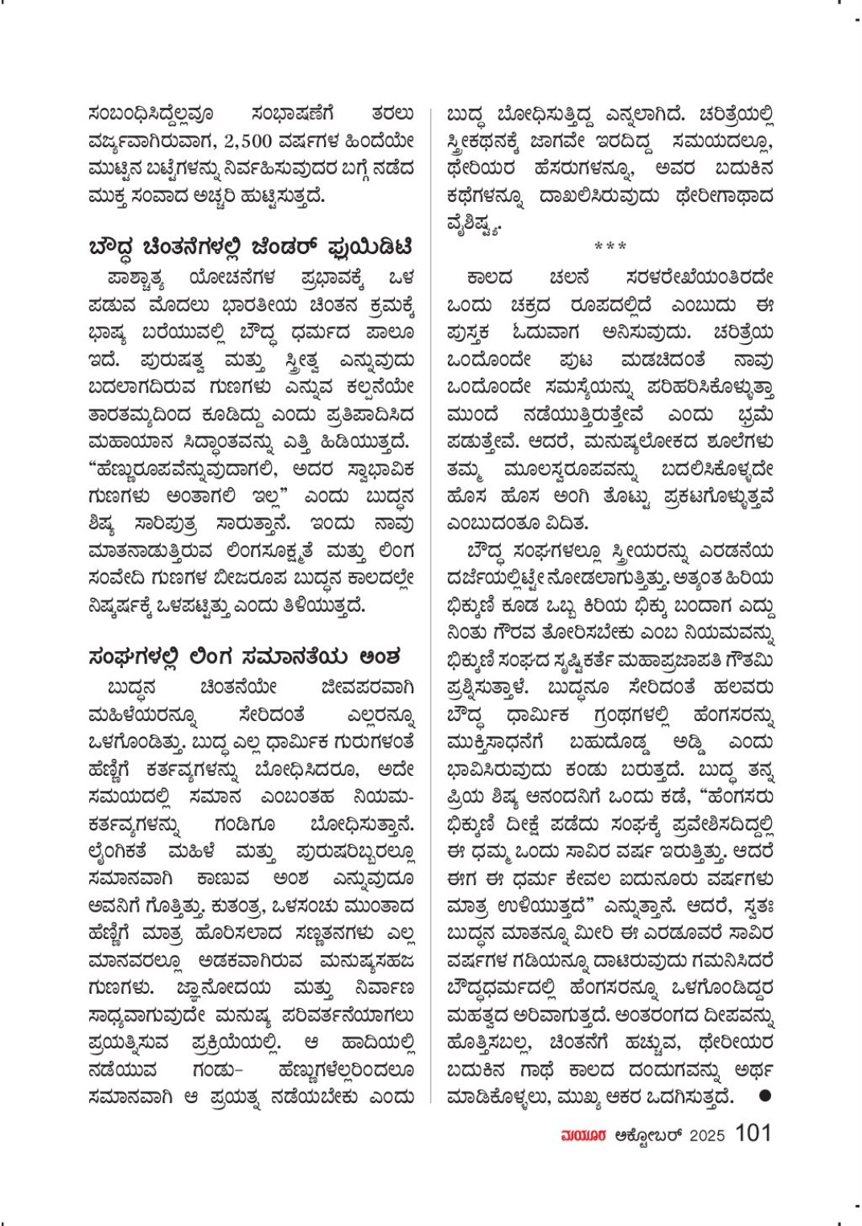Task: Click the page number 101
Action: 753,1133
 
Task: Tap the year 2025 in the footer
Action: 707,1135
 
